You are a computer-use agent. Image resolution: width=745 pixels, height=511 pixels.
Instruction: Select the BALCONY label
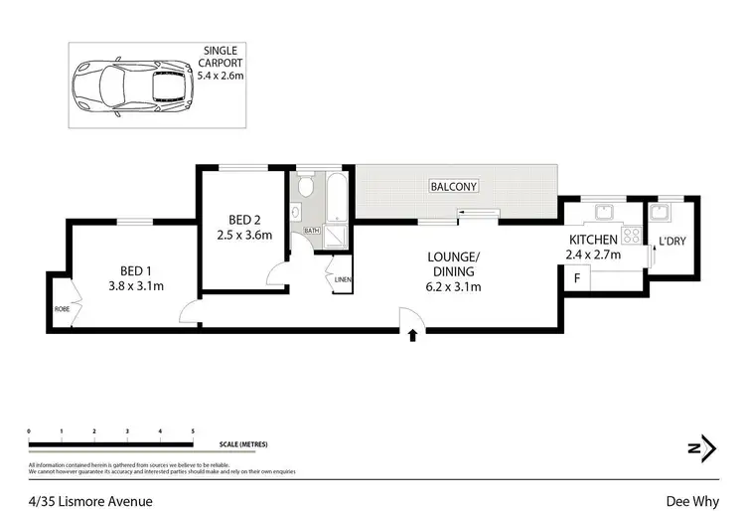click(x=453, y=186)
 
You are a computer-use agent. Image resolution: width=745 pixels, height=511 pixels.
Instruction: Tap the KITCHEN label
click(x=593, y=240)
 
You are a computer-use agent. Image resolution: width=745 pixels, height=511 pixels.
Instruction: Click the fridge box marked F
click(x=575, y=278)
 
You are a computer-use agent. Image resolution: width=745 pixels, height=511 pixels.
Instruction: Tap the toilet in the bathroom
click(x=305, y=186)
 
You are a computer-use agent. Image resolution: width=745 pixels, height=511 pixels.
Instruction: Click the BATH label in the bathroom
click(x=311, y=231)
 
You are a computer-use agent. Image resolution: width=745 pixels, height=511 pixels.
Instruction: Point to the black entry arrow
click(x=412, y=336)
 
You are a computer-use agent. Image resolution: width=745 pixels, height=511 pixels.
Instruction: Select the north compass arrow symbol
click(x=702, y=448)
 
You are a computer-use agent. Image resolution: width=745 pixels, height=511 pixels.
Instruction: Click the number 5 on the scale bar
click(x=192, y=430)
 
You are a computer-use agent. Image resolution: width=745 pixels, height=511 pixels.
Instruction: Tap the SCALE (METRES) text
click(x=244, y=444)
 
